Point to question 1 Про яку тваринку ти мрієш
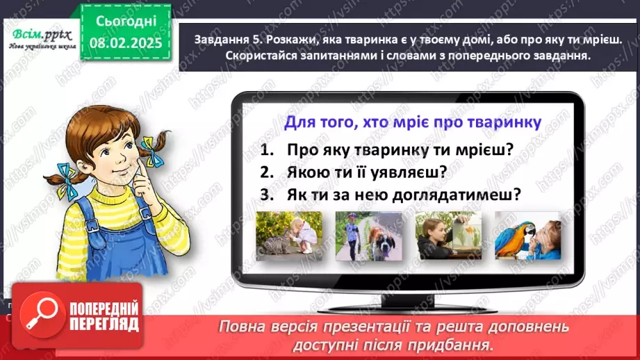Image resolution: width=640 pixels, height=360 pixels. pos(386,149)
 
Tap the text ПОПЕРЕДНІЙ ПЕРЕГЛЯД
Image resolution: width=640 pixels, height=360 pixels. pos(103,317)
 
